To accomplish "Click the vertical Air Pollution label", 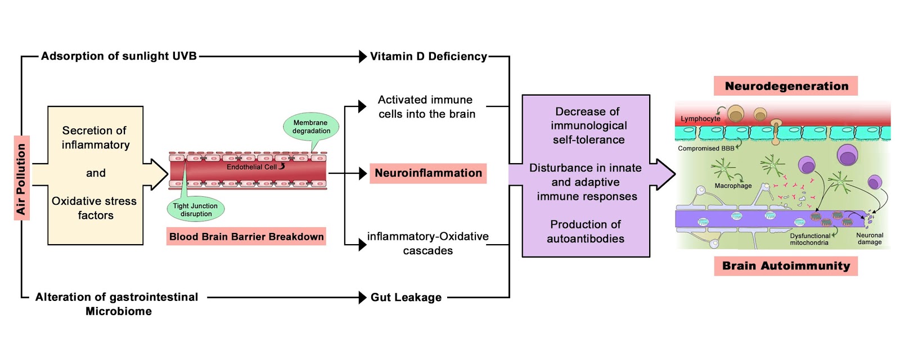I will [21, 178].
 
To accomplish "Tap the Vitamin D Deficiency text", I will [428, 56].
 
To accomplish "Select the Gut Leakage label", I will [406, 298].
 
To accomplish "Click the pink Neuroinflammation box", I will [428, 173].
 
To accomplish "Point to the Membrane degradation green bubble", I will [311, 127].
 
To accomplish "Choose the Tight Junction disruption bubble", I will [196, 210].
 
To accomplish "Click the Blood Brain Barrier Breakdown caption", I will [246, 237].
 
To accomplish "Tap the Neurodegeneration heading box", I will [786, 86].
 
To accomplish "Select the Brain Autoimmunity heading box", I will [786, 266].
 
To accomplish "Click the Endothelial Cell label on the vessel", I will [251, 167].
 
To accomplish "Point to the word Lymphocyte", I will [700, 119].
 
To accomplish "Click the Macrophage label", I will [733, 186].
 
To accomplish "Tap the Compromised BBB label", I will [706, 148].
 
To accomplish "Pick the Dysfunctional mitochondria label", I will [809, 239].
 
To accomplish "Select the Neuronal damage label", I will [870, 238].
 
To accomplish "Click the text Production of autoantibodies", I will [586, 232].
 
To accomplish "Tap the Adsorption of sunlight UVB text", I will [119, 56].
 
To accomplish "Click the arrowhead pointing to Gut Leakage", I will [363, 298].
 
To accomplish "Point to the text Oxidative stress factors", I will [94, 208].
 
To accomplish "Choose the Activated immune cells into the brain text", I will [426, 107].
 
